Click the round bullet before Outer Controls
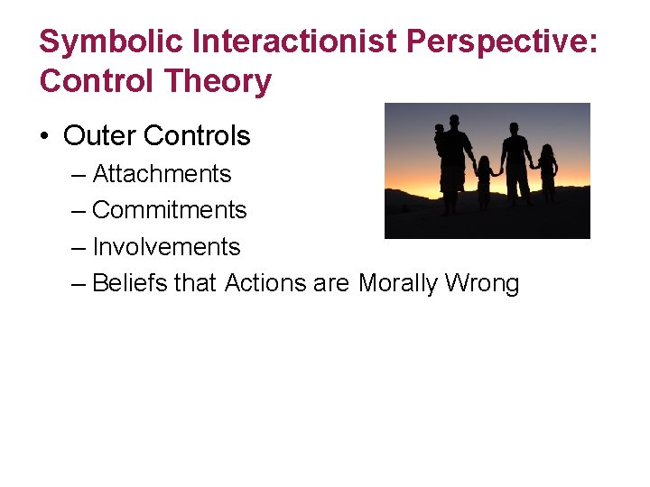click(x=45, y=136)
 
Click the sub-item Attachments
click(x=162, y=173)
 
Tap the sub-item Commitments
click(x=169, y=210)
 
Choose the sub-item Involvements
click(x=166, y=247)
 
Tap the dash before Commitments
click(x=79, y=210)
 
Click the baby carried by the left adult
click(x=440, y=140)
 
